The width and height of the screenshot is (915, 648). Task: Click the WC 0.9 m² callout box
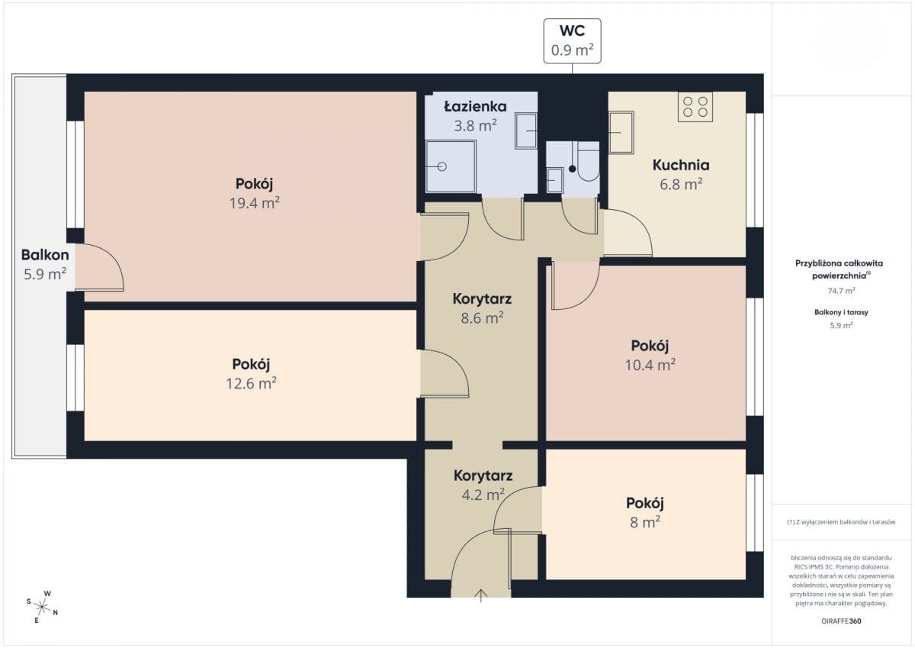572,41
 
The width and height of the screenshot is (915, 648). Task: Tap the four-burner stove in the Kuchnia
695,107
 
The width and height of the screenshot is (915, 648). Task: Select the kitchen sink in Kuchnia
621,133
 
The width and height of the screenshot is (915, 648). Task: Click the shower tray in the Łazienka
451,166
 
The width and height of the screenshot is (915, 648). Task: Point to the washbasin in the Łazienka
526,131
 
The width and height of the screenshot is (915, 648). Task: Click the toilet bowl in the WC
588,161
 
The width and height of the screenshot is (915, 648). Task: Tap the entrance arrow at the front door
481,595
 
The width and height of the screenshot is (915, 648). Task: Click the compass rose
42,607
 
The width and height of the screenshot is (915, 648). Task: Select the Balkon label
45,255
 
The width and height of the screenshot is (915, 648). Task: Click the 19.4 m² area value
255,203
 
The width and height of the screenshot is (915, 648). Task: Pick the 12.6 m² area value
251,383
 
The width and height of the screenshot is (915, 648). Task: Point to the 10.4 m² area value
650,365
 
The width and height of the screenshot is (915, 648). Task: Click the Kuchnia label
681,165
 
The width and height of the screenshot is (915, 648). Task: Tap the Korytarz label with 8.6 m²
482,299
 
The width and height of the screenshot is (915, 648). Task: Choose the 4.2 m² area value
483,495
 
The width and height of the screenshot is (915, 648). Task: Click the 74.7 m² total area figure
841,291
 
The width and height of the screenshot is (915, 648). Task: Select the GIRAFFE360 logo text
841,621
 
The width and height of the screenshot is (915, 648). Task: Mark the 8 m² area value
645,522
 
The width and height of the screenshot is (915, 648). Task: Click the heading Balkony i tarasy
841,312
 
